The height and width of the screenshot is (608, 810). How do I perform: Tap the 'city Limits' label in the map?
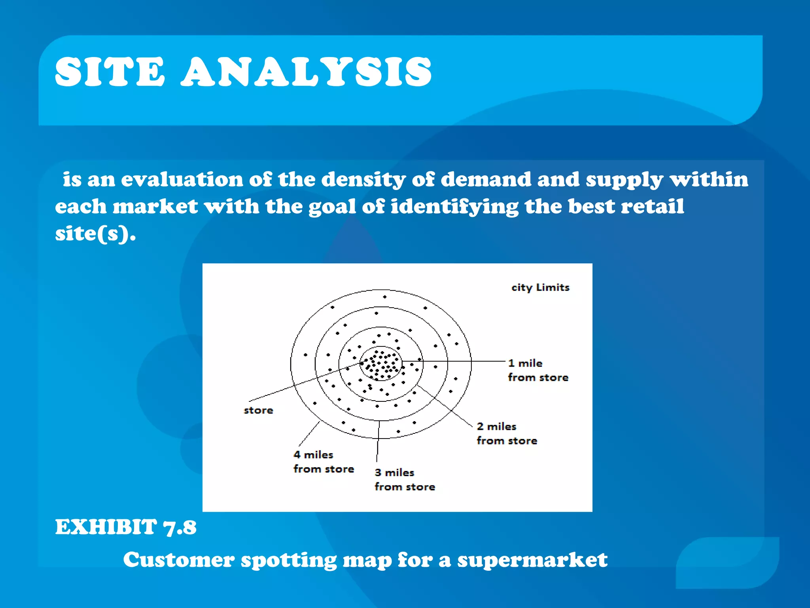(540, 287)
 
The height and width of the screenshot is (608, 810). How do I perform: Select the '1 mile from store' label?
(537, 370)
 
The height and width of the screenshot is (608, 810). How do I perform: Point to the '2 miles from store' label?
(507, 433)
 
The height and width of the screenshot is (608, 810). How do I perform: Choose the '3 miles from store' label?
(405, 479)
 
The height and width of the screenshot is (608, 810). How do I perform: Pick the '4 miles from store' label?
(323, 462)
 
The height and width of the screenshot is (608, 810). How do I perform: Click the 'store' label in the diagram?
(258, 410)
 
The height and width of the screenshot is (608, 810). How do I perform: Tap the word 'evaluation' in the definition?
(182, 179)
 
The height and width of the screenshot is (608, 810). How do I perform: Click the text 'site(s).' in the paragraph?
(95, 234)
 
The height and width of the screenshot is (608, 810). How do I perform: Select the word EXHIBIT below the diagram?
(106, 527)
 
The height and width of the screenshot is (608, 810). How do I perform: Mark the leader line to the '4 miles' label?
(309, 434)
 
